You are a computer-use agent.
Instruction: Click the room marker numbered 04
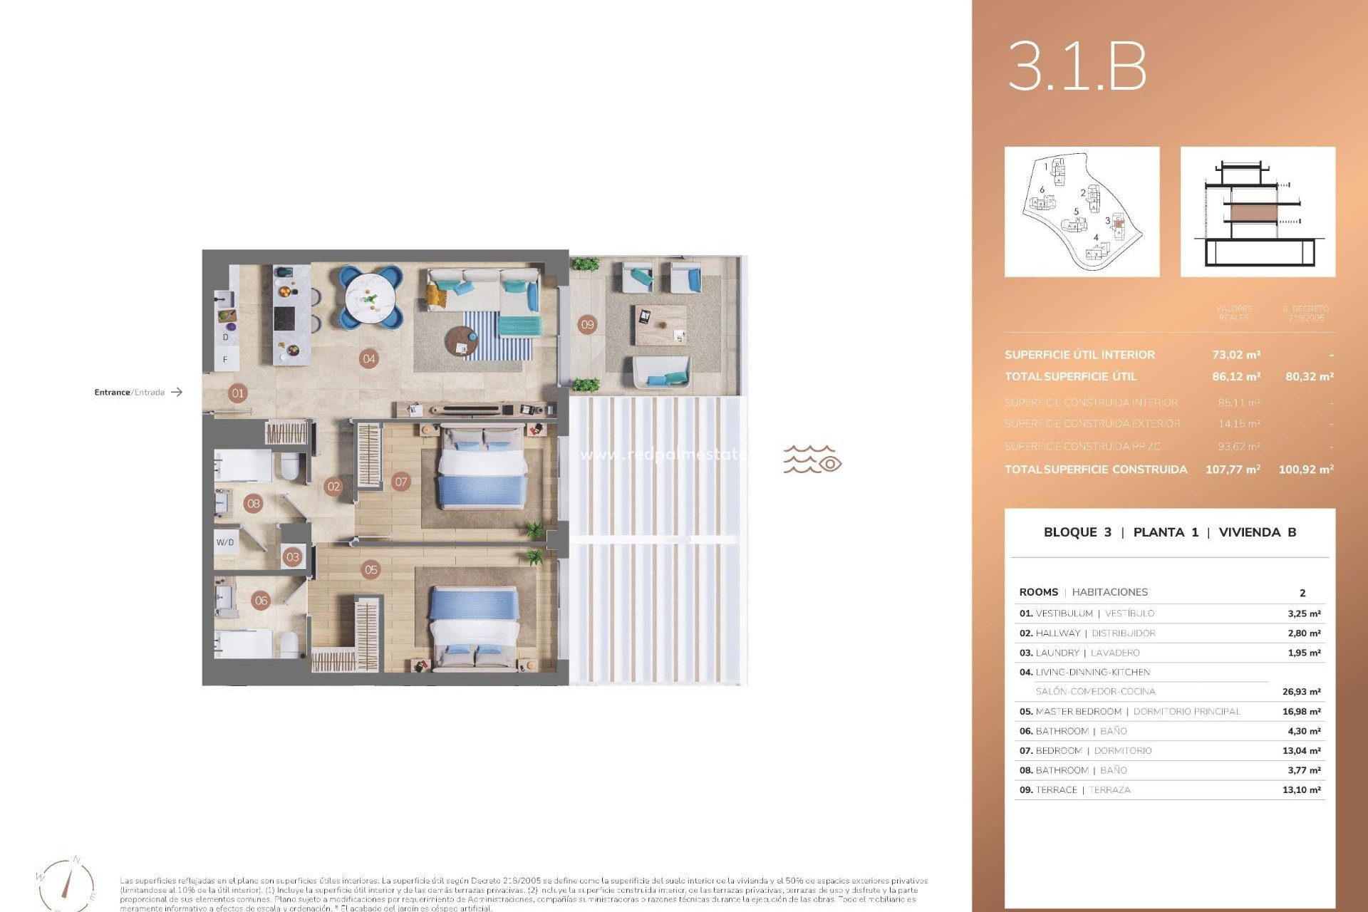[368, 359]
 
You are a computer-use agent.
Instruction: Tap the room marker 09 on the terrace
[587, 325]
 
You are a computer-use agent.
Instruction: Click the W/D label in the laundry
[225, 542]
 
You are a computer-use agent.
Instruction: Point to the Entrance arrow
[177, 392]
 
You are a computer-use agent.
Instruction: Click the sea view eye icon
[829, 464]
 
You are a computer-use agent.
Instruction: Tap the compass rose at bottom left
[67, 884]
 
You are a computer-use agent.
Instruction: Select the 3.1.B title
[1077, 67]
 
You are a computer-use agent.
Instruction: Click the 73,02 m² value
[1236, 355]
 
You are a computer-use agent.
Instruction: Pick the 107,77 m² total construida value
[1233, 470]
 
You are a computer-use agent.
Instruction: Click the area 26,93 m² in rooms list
[1301, 692]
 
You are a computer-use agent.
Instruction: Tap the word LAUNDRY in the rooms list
[1057, 653]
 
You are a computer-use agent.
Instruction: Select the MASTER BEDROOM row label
[1079, 712]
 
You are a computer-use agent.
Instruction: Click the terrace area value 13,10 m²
[1301, 790]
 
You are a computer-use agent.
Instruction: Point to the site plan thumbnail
[1082, 212]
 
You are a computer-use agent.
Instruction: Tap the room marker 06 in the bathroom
[261, 601]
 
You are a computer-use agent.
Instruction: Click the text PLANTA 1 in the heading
[1166, 532]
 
